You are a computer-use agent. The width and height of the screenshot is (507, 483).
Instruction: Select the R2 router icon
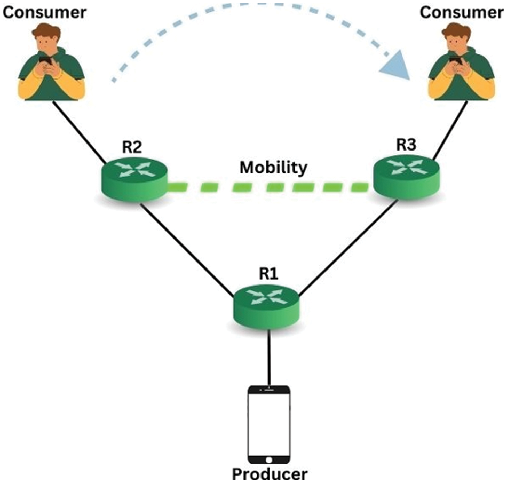tap(134, 179)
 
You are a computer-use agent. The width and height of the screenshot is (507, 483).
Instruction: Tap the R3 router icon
tap(407, 177)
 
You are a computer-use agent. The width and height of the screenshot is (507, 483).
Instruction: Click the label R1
tap(268, 273)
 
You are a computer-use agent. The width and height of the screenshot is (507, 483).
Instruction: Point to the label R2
tap(132, 147)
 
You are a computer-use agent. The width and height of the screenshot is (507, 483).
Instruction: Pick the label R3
tap(406, 145)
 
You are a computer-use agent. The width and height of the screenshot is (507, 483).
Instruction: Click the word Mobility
tap(274, 168)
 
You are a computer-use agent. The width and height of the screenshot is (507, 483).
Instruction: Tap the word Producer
tap(270, 474)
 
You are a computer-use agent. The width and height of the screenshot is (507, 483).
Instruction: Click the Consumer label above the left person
tap(44, 12)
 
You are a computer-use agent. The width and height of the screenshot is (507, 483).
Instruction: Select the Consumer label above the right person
tap(462, 12)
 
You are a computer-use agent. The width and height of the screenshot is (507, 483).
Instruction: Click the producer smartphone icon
tap(268, 424)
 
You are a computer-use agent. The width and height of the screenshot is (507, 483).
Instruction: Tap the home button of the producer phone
tap(268, 460)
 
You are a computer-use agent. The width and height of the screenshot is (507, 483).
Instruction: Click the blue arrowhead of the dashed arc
tap(396, 66)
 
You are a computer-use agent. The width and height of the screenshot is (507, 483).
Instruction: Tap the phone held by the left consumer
tap(45, 60)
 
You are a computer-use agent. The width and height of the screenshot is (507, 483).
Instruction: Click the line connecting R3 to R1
tap(348, 248)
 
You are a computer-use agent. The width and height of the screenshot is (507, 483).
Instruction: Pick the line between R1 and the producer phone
tap(268, 357)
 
